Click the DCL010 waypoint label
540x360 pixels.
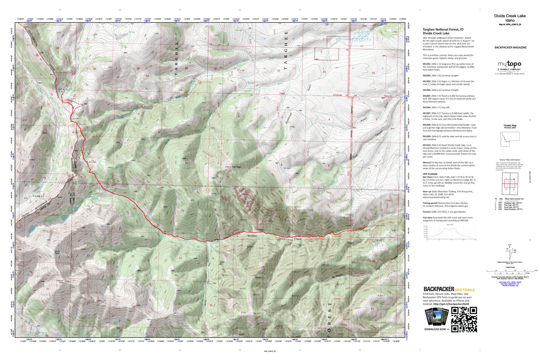[68, 89]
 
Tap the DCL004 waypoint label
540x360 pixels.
[109, 190]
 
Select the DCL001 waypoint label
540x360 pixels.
[236, 236]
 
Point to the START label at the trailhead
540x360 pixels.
[372, 226]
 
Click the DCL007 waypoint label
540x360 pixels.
[86, 132]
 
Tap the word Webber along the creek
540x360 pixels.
[253, 236]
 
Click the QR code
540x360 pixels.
[464, 319]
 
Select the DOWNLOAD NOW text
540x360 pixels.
[436, 329]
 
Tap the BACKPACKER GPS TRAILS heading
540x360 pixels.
[449, 289]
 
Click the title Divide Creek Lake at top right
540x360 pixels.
[510, 16]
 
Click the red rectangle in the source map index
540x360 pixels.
[509, 183]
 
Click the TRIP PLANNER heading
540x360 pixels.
[430, 174]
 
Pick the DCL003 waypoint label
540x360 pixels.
[182, 236]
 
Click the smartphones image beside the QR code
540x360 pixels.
[436, 317]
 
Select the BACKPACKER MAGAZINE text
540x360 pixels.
[510, 47]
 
